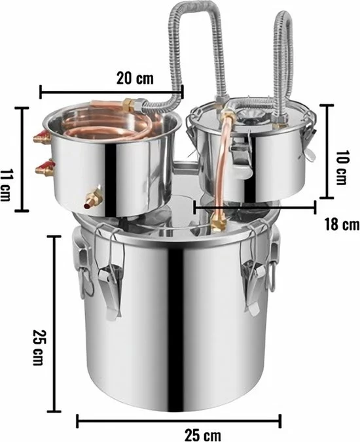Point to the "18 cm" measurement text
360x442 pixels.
pyautogui.click(x=342, y=224)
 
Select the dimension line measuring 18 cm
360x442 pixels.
pyautogui.click(x=255, y=207)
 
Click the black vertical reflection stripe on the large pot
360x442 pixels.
pyautogui.click(x=175, y=314)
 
